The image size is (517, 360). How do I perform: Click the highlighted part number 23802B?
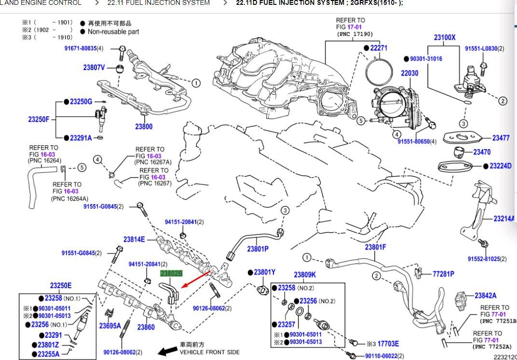click(171, 273)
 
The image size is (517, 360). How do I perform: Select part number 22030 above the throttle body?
click(409, 73)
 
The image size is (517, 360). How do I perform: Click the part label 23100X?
click(445, 37)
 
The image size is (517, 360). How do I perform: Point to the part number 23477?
click(501, 138)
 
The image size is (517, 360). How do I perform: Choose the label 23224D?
click(500, 166)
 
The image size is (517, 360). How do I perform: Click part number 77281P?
click(443, 274)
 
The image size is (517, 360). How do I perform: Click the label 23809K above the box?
click(305, 275)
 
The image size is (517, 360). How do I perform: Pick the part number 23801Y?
click(265, 272)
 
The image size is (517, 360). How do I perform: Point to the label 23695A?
click(110, 326)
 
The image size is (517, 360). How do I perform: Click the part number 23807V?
click(94, 68)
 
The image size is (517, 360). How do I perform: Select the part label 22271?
click(378, 48)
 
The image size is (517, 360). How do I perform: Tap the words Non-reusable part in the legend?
click(113, 31)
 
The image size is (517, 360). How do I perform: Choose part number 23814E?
click(134, 239)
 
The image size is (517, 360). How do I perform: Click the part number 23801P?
click(258, 249)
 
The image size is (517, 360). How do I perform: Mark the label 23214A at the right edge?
click(504, 219)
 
